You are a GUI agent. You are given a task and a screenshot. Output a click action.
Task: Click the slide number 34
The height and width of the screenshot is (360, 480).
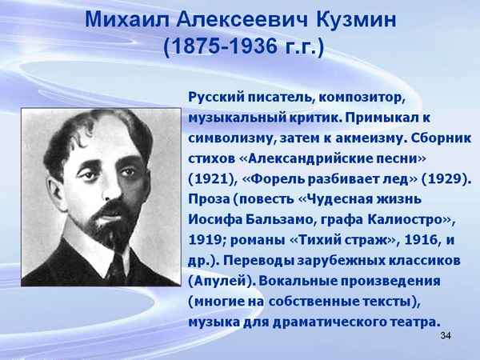pos(446,333)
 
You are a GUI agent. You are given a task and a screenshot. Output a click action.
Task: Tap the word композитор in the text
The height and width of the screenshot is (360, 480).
pos(363,98)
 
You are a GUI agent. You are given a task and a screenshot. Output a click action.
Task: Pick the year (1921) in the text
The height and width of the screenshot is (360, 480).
pos(210,176)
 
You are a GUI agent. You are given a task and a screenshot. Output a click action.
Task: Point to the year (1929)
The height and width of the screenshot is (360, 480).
pos(446,176)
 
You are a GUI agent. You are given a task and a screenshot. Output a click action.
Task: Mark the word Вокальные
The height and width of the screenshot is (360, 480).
pos(303,280)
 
